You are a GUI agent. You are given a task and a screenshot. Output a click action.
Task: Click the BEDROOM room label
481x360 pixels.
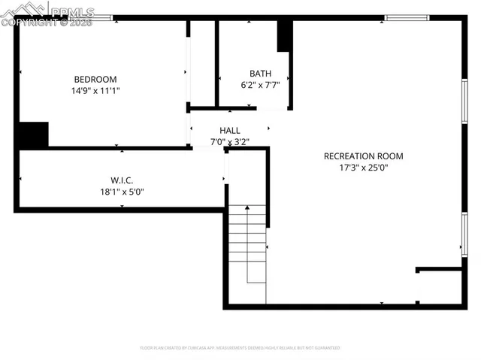(x=95, y=79)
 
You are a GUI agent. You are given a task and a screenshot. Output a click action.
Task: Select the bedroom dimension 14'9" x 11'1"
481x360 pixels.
(x=95, y=90)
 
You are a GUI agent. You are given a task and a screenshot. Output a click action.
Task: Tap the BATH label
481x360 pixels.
(x=260, y=74)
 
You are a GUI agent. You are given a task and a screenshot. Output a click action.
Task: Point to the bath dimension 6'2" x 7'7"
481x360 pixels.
(x=260, y=85)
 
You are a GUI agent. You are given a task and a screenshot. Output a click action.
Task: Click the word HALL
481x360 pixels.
(x=230, y=130)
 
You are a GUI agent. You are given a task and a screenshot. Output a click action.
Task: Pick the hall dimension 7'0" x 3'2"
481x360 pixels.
(x=230, y=141)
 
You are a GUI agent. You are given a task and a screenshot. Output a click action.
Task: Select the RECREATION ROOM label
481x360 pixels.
(x=363, y=156)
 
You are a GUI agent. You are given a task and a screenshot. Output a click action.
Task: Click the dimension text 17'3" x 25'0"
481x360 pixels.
(x=363, y=168)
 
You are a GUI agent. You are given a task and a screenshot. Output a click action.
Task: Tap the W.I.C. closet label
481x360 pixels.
(x=122, y=180)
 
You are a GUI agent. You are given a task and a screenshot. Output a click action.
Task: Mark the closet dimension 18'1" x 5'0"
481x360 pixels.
(x=122, y=191)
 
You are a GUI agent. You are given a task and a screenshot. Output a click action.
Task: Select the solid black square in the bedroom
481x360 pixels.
(x=33, y=135)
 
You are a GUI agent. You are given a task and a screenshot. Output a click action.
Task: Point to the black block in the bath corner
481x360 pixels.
(x=285, y=35)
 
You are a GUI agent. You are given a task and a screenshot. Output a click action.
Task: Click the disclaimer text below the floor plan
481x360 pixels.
(x=240, y=348)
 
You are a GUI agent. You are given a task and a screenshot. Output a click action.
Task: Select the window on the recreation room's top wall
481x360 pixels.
(x=407, y=17)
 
